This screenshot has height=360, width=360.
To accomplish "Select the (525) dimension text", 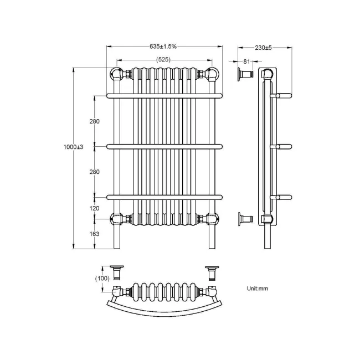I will click(163, 59).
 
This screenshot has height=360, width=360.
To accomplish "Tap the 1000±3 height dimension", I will click(73, 147).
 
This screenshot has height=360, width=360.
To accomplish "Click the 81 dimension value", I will click(246, 61).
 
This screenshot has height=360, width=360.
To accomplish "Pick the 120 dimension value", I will click(95, 209).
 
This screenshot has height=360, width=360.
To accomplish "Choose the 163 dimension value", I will click(95, 234).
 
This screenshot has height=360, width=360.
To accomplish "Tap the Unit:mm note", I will click(258, 289).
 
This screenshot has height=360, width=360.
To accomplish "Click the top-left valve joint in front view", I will click(117, 73).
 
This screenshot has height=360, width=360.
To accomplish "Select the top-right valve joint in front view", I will click(212, 73).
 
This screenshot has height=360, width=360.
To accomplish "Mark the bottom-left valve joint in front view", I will click(117, 218).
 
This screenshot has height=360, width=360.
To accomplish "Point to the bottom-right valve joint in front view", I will click(212, 218).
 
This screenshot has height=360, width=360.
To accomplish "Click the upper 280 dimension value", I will click(95, 122).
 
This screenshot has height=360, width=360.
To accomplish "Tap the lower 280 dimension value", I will click(95, 172).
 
